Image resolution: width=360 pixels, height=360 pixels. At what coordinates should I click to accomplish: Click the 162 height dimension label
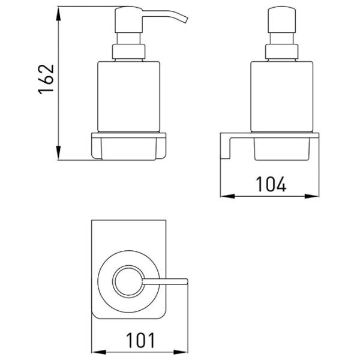pyautogui.click(x=46, y=79)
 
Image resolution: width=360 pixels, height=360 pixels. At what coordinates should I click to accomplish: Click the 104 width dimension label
pyautogui.click(x=271, y=184)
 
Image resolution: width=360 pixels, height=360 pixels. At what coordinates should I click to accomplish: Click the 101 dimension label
pyautogui.click(x=141, y=340)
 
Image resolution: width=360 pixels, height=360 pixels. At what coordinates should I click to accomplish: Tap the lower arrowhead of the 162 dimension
pyautogui.click(x=59, y=152)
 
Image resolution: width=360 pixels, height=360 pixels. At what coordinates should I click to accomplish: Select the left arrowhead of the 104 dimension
pyautogui.click(x=228, y=196)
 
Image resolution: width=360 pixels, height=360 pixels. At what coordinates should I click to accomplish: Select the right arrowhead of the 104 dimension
pyautogui.click(x=311, y=196)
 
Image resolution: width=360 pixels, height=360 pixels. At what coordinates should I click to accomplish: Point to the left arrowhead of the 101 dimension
pyautogui.click(x=99, y=352)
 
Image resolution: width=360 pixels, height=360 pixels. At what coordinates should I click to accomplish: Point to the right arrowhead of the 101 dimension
pyautogui.click(x=181, y=352)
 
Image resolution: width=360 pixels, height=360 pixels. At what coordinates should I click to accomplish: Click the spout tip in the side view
pyautogui.click(x=185, y=20)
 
